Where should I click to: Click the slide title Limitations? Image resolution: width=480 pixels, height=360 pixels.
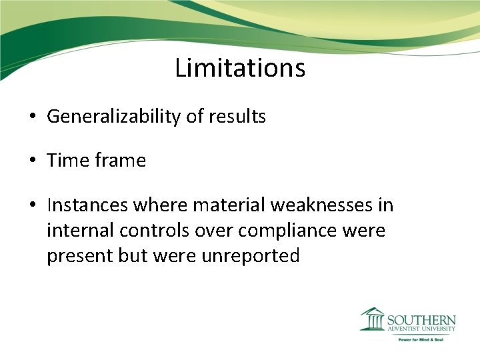[240, 68]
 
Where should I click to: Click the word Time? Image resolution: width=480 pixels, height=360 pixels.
[68, 161]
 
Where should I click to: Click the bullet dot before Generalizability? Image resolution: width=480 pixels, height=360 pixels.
[33, 117]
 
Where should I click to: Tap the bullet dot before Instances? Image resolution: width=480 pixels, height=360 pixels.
[33, 206]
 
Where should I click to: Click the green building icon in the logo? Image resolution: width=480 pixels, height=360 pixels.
[372, 319]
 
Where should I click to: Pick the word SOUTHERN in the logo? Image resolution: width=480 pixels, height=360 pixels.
[421, 319]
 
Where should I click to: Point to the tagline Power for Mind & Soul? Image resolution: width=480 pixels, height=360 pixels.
[421, 339]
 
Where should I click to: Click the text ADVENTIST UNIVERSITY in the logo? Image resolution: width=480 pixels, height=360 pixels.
[421, 329]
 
